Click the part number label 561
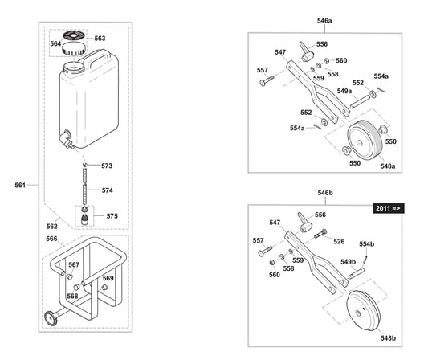20,185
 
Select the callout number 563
100,38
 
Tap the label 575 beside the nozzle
112,215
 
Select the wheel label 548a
387,165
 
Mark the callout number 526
338,241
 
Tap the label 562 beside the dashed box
51,226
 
